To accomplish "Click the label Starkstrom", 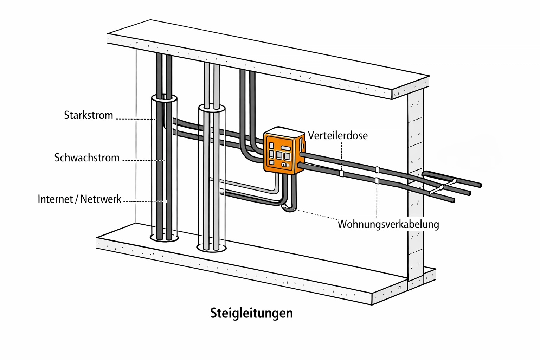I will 88,115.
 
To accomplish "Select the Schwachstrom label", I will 87,158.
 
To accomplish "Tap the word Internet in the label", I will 55,199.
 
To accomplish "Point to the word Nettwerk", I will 101,199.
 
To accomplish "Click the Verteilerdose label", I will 337,136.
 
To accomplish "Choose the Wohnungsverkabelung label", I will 388,224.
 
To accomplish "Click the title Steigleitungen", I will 251,313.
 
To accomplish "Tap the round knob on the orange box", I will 283,165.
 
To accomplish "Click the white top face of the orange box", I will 284,131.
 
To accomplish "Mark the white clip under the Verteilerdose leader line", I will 341,173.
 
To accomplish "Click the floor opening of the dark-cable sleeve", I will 164,239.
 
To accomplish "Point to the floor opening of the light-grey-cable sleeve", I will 211,248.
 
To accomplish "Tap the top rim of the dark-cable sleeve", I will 164,98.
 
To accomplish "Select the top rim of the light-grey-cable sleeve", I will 212,108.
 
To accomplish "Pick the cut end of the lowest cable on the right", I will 453,200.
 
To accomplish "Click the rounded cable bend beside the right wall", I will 425,174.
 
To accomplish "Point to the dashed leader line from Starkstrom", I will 135,119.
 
